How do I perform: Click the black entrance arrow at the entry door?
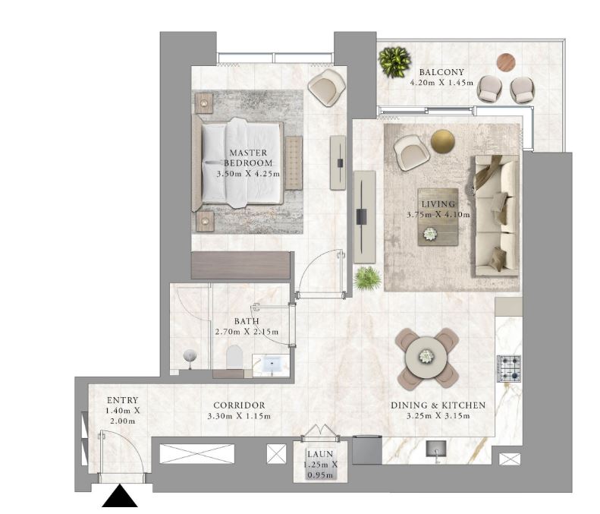click(x=119, y=496)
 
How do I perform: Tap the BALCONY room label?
click(x=441, y=72)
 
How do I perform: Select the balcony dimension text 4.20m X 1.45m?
click(x=441, y=82)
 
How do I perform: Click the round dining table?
click(x=426, y=357)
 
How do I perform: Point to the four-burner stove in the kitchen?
click(x=509, y=368)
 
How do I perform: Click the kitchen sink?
click(x=436, y=448)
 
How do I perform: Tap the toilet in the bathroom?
click(x=234, y=357)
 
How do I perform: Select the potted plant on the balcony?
click(x=394, y=62)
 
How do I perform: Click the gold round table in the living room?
click(x=443, y=141)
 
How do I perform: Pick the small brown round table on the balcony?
click(x=506, y=62)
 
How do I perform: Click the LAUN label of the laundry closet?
click(x=320, y=454)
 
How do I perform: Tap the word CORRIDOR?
click(x=239, y=405)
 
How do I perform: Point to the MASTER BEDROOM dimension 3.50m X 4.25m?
click(x=248, y=174)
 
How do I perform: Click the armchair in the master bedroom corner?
click(x=327, y=87)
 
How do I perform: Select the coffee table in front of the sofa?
click(x=438, y=217)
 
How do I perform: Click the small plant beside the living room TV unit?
click(x=367, y=279)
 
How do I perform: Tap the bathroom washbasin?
click(x=271, y=364)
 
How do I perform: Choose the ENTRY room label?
click(x=122, y=400)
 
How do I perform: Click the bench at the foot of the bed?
click(x=294, y=163)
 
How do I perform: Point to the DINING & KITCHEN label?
click(x=438, y=405)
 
